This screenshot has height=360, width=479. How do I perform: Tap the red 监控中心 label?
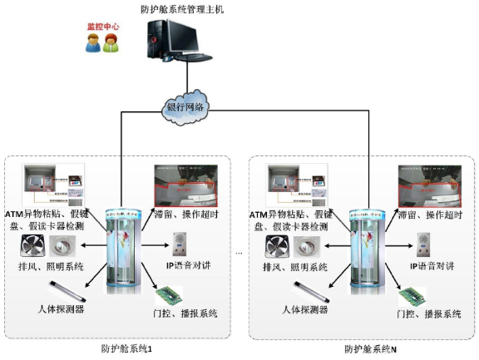pos(103,27)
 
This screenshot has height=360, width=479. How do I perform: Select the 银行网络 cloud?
pos(186,106)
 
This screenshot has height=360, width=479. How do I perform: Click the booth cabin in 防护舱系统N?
pos(369,250)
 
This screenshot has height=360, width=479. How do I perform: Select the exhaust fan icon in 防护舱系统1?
pos(31,246)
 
